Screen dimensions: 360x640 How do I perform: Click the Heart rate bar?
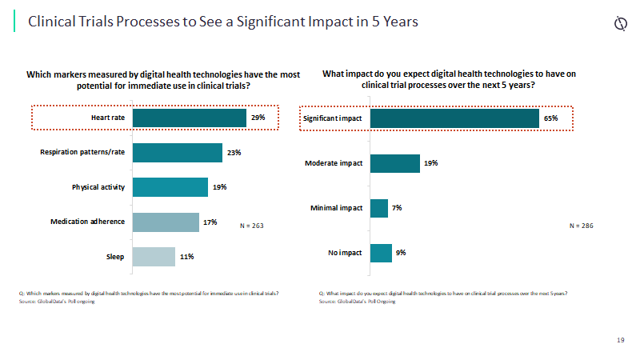pyautogui.click(x=189, y=118)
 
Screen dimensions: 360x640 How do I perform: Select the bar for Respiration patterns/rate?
pyautogui.click(x=177, y=153)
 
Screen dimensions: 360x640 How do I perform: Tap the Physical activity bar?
pyautogui.click(x=170, y=187)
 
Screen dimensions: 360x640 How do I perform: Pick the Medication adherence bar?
pyautogui.click(x=166, y=222)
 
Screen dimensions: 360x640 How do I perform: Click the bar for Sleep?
pyautogui.click(x=154, y=257)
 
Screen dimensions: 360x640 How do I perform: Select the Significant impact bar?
pyautogui.click(x=454, y=118)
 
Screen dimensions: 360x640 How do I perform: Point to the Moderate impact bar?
pyautogui.click(x=394, y=163)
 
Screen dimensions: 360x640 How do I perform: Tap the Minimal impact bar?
pyautogui.click(x=379, y=208)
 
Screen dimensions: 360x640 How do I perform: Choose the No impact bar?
pyautogui.click(x=381, y=253)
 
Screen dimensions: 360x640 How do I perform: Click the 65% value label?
pyautogui.click(x=550, y=118)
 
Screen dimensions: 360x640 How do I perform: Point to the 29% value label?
pyautogui.click(x=258, y=118)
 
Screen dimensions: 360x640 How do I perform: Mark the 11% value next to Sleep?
pyautogui.click(x=186, y=257)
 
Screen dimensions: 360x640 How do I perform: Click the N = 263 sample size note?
pyautogui.click(x=252, y=226)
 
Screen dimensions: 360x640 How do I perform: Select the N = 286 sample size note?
pyautogui.click(x=582, y=226)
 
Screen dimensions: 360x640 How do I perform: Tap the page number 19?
pyautogui.click(x=621, y=341)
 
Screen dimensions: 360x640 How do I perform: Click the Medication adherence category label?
pyautogui.click(x=88, y=222)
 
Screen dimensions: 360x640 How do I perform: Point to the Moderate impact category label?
pyautogui.click(x=334, y=163)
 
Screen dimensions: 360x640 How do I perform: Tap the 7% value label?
pyautogui.click(x=397, y=208)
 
